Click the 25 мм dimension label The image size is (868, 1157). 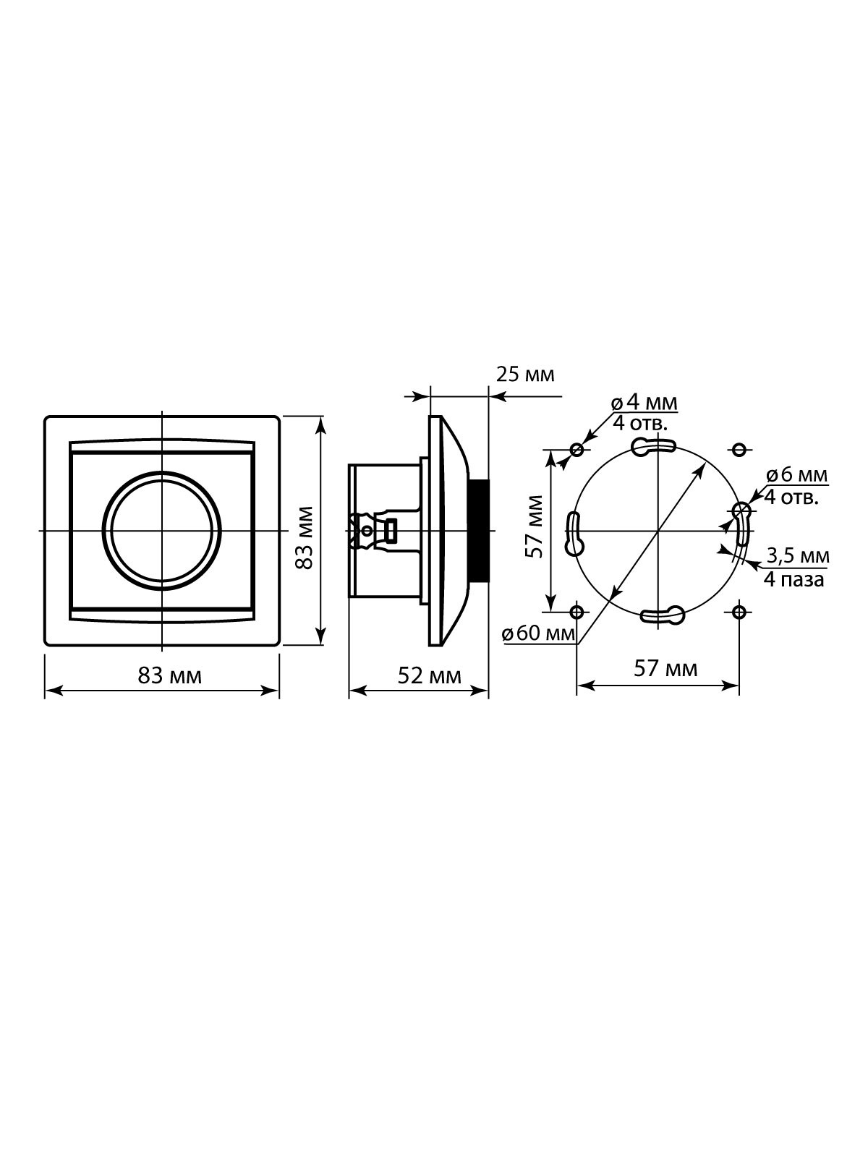(x=525, y=375)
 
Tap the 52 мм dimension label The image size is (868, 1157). (x=430, y=675)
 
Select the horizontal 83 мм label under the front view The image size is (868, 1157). (x=170, y=675)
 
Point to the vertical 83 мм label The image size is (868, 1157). (x=305, y=538)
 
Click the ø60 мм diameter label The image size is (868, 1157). (x=539, y=633)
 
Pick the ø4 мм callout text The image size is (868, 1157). (x=644, y=404)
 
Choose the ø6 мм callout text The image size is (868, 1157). (x=797, y=475)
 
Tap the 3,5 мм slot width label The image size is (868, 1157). (x=798, y=555)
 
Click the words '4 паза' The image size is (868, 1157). (x=793, y=580)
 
